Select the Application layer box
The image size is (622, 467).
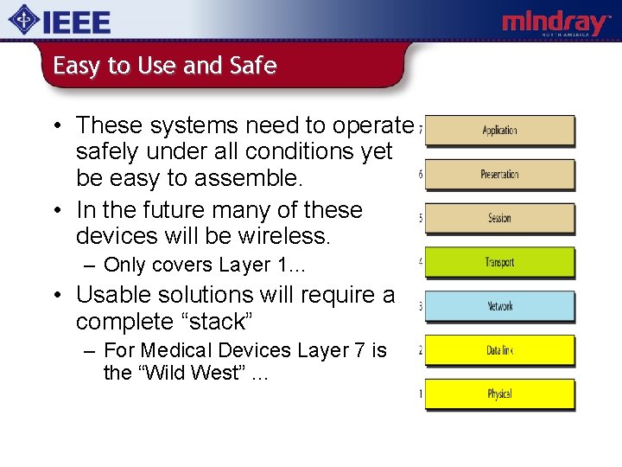pyautogui.click(x=500, y=131)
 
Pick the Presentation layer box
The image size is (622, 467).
pyautogui.click(x=500, y=175)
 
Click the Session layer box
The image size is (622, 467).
pyautogui.click(x=500, y=219)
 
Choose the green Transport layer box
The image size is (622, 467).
pyautogui.click(x=500, y=262)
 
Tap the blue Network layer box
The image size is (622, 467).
pyautogui.click(x=500, y=306)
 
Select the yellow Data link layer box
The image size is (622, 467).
pyautogui.click(x=500, y=350)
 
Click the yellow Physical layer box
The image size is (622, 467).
pyautogui.click(x=500, y=394)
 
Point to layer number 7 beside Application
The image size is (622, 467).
pyautogui.click(x=421, y=131)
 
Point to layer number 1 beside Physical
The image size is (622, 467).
pyautogui.click(x=421, y=394)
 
